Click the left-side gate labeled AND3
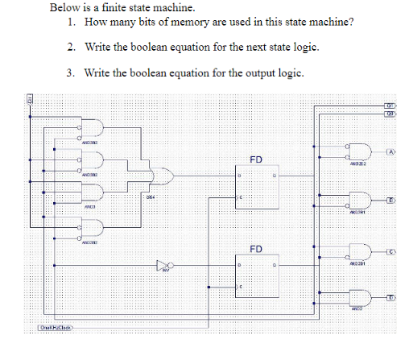point(92,192)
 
